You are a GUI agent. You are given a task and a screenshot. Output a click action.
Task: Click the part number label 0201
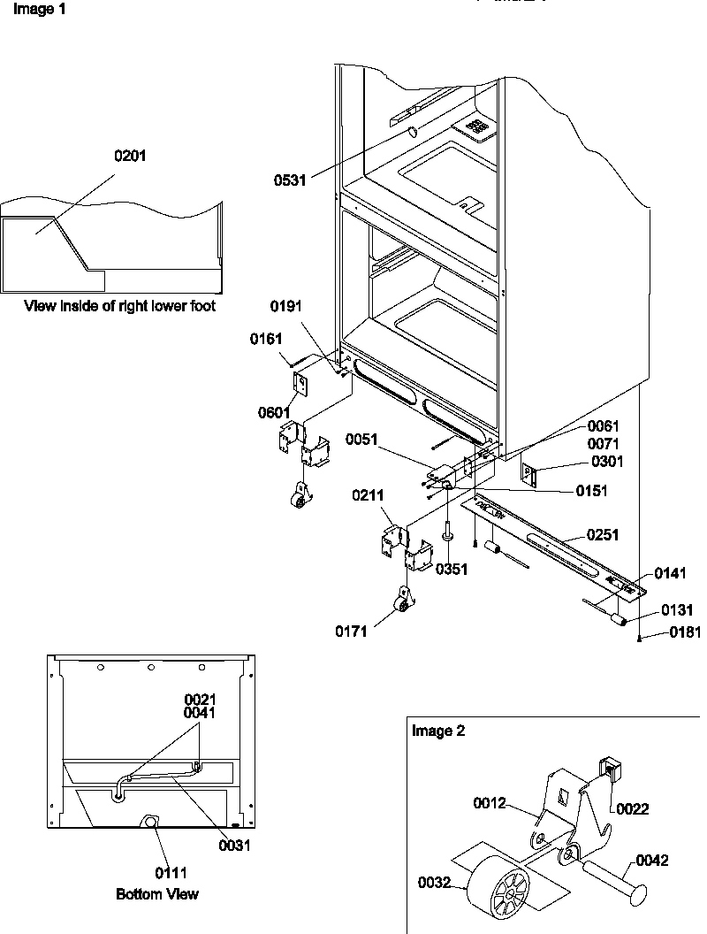tap(130, 156)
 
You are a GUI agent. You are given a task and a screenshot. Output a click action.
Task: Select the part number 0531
tap(290, 180)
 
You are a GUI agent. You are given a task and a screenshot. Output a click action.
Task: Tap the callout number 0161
tap(266, 338)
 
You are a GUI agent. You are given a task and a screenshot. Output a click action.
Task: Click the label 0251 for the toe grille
tap(601, 535)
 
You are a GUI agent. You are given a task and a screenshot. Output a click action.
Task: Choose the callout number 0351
tap(452, 569)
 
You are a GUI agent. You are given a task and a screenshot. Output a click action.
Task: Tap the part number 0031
tap(234, 845)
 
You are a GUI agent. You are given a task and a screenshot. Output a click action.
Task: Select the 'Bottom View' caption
tap(157, 894)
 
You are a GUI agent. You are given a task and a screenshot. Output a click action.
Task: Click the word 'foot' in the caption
tap(201, 307)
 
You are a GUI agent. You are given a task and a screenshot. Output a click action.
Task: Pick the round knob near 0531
tap(413, 133)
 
